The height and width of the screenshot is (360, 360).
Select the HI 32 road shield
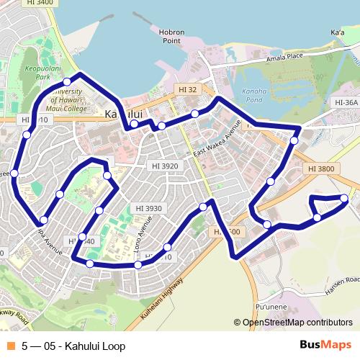tap(186, 89)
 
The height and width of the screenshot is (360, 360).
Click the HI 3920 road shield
tap(165, 165)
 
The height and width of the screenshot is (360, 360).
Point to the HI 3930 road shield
tap(149, 208)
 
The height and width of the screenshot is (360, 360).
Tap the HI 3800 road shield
tap(320, 168)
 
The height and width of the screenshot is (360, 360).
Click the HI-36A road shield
tap(346, 103)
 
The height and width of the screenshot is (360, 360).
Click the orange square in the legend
tap(10, 346)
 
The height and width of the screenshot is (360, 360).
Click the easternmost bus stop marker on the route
tap(345, 198)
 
